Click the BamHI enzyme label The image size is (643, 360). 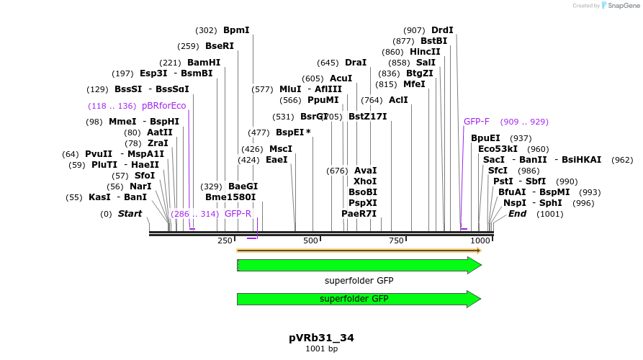point(204,63)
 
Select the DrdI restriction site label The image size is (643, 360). point(442,30)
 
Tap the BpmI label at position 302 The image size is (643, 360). point(236,30)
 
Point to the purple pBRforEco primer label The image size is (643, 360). point(163,106)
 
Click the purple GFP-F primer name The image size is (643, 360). point(477,122)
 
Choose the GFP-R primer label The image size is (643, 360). point(238,214)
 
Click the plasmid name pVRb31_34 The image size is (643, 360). point(321,338)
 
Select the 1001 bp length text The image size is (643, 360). point(321,349)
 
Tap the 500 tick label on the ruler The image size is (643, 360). point(311,240)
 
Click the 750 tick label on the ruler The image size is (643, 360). point(396,240)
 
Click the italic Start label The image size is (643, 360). point(130,214)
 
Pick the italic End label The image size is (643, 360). point(517,214)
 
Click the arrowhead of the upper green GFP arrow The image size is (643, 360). point(474,265)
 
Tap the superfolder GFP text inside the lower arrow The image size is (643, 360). point(354,299)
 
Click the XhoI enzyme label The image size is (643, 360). point(365,181)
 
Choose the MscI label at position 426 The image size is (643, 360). point(280,149)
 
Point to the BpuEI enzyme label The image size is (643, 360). point(485,138)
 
